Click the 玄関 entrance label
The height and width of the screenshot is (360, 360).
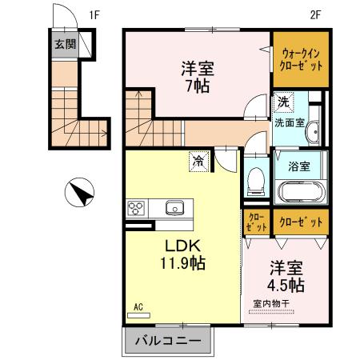pos(65,44)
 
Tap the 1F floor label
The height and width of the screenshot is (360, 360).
pos(94,14)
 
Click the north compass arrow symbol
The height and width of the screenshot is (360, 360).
pos(80,193)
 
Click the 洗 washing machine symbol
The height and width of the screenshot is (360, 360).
pos(283,102)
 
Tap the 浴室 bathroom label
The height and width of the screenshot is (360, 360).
pos(299,167)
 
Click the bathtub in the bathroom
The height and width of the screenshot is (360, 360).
pos(299,193)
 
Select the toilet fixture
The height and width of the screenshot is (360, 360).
pos(256,180)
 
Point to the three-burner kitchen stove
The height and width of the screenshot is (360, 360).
pos(135,208)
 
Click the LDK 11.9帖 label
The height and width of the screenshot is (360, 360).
pos(182,254)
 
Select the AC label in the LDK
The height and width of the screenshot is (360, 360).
pos(138,307)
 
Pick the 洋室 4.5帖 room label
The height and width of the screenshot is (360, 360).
pos(283,276)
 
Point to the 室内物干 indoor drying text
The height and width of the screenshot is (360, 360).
pos(274,303)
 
